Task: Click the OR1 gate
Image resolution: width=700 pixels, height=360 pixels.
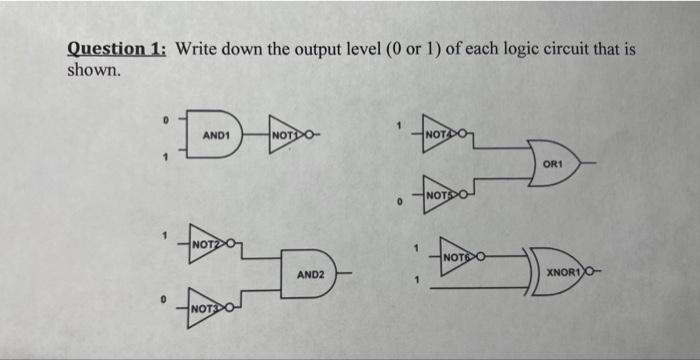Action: [553, 163]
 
